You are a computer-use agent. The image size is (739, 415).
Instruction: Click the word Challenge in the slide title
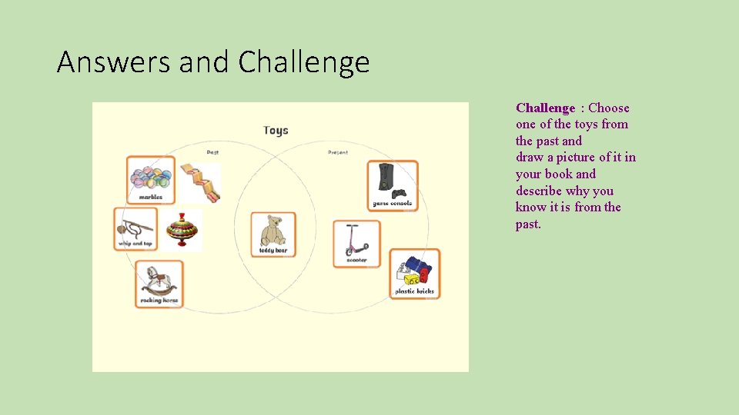(x=304, y=62)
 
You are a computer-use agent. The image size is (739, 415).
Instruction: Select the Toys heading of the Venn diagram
(x=276, y=130)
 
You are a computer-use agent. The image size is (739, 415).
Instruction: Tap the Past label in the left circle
(x=212, y=152)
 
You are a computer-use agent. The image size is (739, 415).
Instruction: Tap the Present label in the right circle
(x=337, y=152)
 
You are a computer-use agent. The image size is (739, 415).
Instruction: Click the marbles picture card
(x=151, y=180)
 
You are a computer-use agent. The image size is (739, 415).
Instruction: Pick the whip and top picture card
(x=135, y=228)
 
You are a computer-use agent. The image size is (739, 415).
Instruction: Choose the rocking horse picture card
(x=160, y=284)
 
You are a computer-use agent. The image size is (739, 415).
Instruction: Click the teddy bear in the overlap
(x=273, y=234)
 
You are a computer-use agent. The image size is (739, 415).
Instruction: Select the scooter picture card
(x=356, y=244)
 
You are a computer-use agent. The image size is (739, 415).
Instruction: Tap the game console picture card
(x=392, y=184)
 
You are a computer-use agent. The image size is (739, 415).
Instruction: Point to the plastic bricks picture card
(x=414, y=273)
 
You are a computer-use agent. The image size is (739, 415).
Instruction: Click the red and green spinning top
(x=182, y=230)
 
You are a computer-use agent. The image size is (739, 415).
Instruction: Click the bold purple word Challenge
(x=545, y=108)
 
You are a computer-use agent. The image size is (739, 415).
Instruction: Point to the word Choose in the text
(x=608, y=108)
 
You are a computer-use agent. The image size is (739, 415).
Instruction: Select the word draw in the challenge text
(x=530, y=158)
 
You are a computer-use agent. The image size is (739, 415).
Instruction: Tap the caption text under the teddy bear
(x=273, y=251)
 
